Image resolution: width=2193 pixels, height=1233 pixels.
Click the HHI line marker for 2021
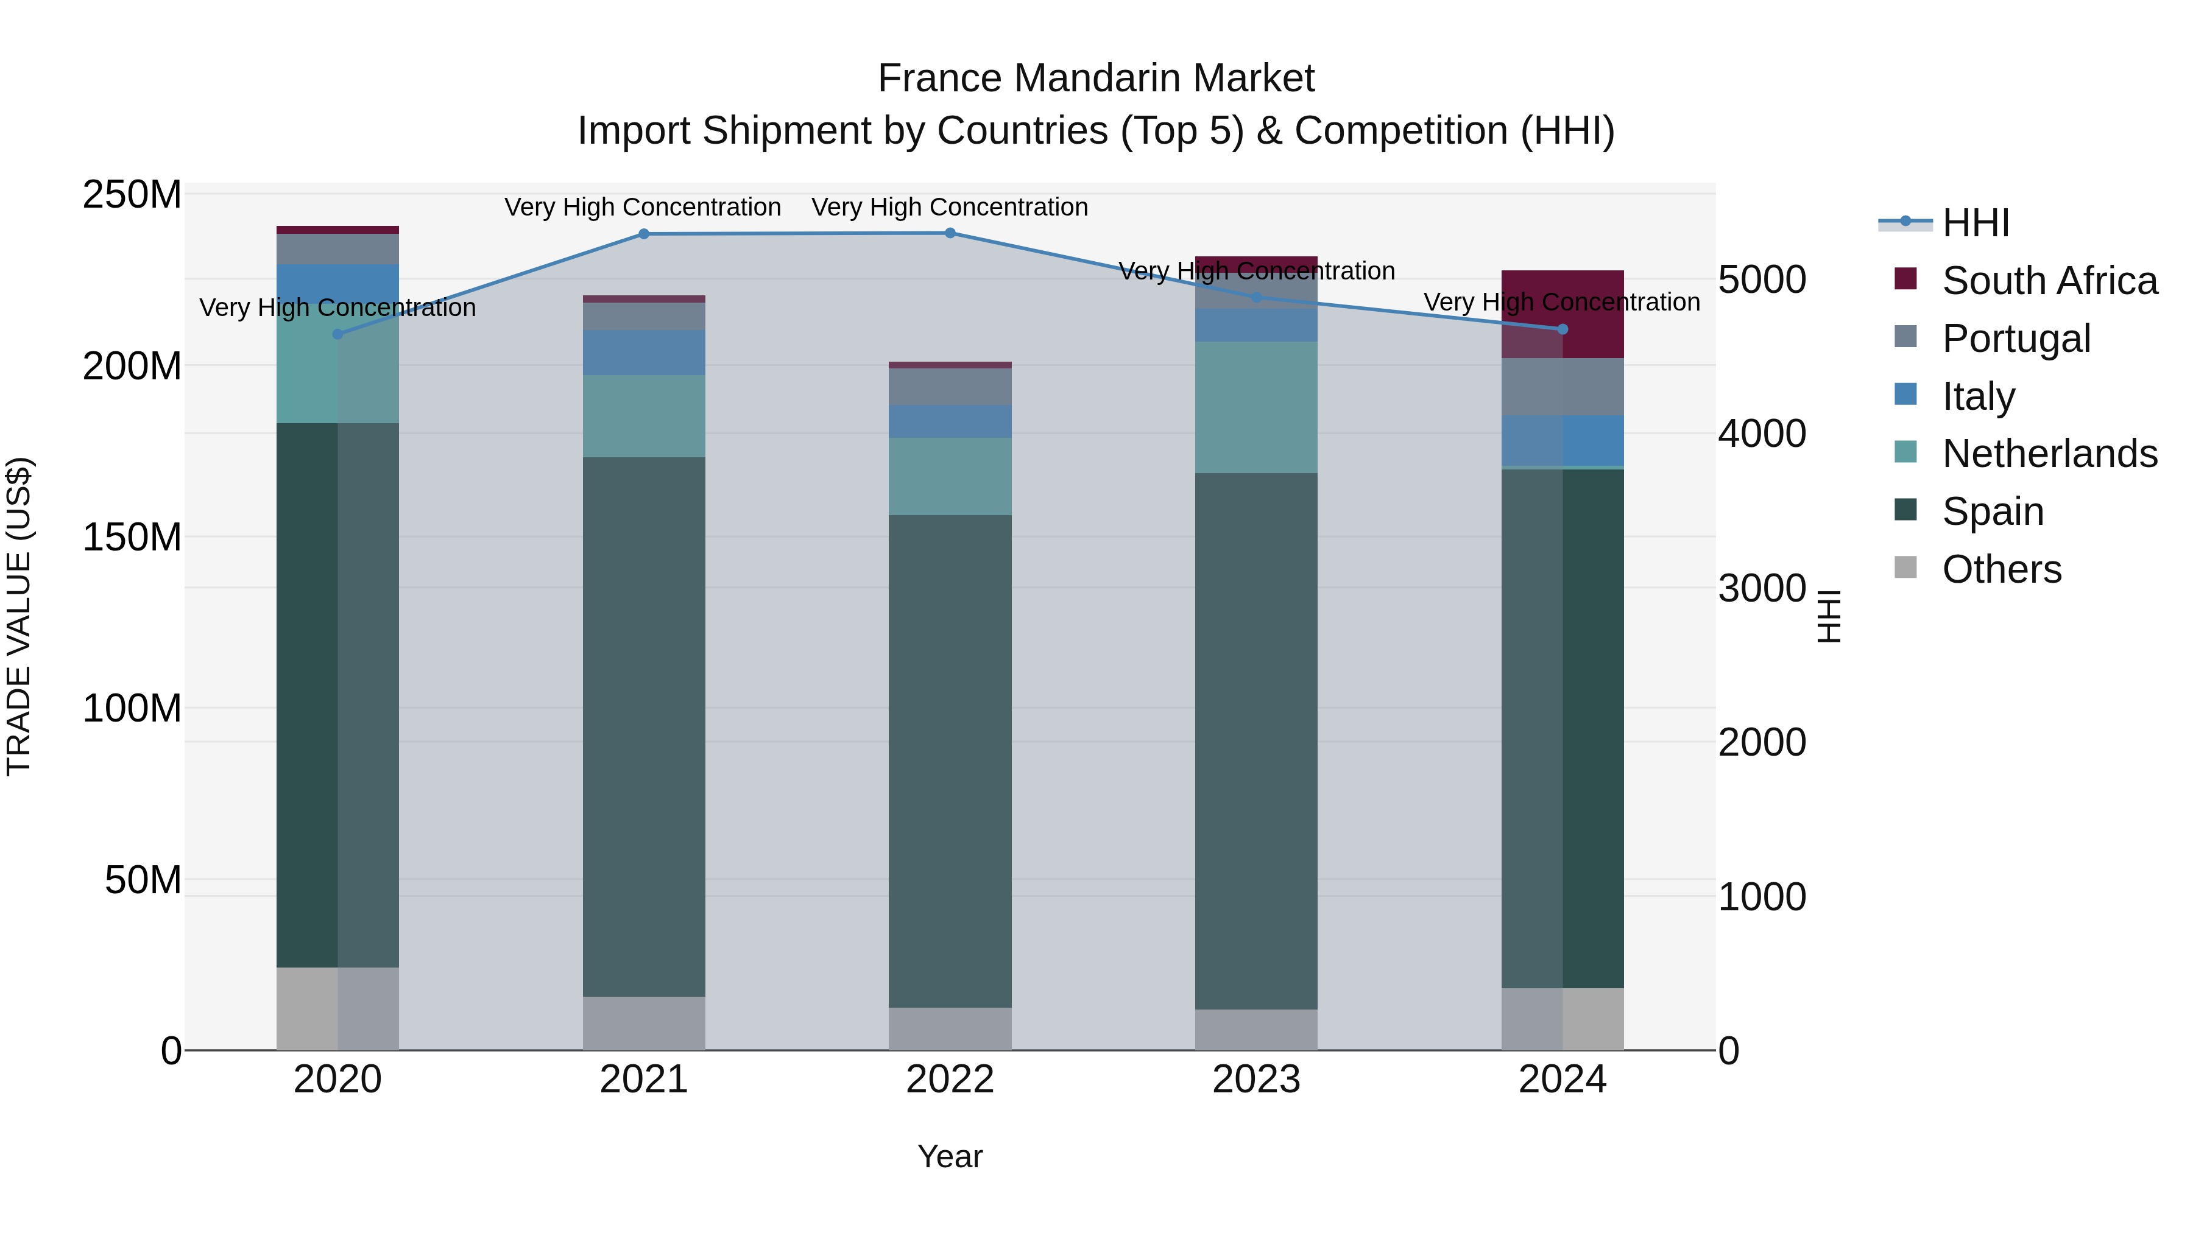pyautogui.click(x=644, y=234)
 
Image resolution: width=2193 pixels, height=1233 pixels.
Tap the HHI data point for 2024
pyautogui.click(x=1562, y=329)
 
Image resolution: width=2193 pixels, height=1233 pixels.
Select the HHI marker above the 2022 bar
pyautogui.click(x=950, y=233)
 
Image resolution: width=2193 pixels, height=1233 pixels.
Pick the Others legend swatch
pyautogui.click(x=1906, y=567)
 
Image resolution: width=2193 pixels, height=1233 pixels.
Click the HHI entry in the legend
pyautogui.click(x=1975, y=223)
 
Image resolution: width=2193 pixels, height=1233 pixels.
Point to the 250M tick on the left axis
pyautogui.click(x=132, y=195)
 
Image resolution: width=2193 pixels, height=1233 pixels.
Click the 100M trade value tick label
pyautogui.click(x=132, y=708)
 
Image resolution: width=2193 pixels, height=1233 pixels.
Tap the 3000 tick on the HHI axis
pyautogui.click(x=1761, y=588)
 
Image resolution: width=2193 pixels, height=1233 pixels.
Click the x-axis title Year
pyautogui.click(x=950, y=1156)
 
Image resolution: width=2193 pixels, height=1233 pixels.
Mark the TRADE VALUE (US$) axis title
pyautogui.click(x=19, y=616)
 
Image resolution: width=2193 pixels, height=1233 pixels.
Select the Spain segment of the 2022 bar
pyautogui.click(x=950, y=762)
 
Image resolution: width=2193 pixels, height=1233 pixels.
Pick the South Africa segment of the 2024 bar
pyautogui.click(x=1562, y=314)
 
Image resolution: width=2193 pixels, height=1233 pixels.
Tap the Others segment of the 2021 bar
pyautogui.click(x=644, y=1023)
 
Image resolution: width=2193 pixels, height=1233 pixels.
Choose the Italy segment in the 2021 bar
pyautogui.click(x=644, y=353)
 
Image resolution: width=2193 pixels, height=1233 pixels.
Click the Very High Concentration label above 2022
pyautogui.click(x=950, y=207)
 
